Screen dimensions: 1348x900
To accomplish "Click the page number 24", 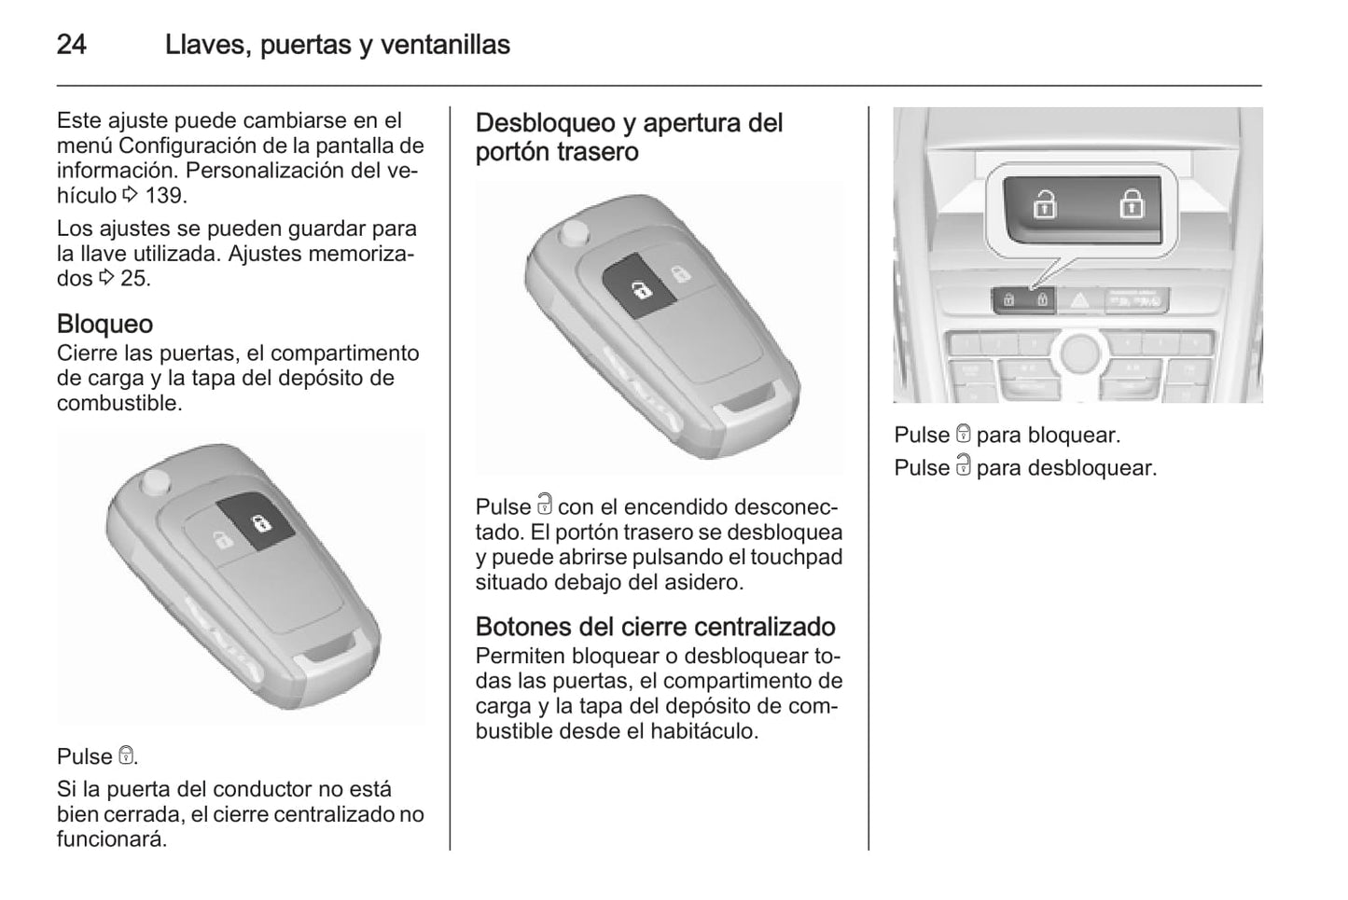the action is (x=71, y=45).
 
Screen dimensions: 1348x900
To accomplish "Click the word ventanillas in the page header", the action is (x=445, y=45).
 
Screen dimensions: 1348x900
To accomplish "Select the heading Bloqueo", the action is (x=104, y=324).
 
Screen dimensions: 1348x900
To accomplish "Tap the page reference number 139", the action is (x=163, y=196).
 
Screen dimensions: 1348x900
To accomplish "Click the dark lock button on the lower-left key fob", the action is (x=256, y=521).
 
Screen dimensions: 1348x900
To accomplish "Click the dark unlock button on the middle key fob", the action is (x=639, y=286).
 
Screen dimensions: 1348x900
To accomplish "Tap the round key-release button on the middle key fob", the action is (x=574, y=233).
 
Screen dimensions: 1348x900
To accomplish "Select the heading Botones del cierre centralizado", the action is (x=656, y=627).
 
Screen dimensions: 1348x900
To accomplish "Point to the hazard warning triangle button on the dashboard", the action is (x=1079, y=300).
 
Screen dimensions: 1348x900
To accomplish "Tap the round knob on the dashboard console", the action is (x=1080, y=352).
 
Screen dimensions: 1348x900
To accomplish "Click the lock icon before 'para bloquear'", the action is (x=964, y=433).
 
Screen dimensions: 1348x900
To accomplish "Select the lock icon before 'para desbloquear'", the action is (x=964, y=465).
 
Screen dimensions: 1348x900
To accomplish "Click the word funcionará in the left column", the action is (x=111, y=838).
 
